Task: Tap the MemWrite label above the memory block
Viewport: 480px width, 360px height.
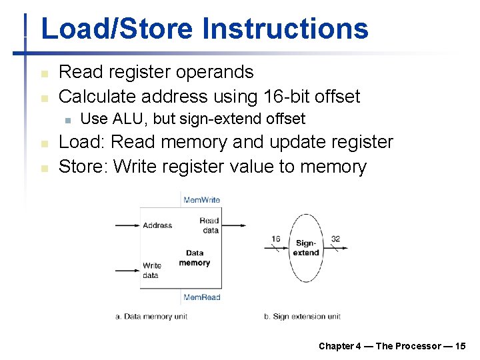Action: point(201,199)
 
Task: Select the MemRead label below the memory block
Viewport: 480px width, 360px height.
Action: point(201,297)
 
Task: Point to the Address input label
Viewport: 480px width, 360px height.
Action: point(157,225)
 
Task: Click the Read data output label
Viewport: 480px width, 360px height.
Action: point(209,225)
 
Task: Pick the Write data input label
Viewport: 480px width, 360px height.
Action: point(152,270)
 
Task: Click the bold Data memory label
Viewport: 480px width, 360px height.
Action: point(195,258)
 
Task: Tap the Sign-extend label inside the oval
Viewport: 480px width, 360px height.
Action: point(307,248)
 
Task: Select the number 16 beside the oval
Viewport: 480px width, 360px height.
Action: point(275,239)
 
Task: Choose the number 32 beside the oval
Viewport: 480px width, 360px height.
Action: point(335,239)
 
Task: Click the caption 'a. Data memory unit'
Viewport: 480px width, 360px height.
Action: point(151,317)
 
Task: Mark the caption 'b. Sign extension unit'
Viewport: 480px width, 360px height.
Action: point(302,317)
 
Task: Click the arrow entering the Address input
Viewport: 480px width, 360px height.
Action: point(127,225)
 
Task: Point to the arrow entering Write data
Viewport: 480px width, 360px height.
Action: point(127,271)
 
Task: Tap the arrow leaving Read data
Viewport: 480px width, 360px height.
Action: point(233,225)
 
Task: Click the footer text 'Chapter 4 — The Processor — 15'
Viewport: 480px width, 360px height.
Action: point(392,346)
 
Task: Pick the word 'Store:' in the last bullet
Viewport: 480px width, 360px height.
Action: point(84,166)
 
